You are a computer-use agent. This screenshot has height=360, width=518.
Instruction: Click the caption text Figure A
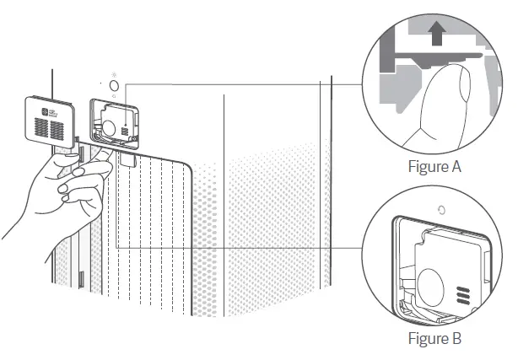pyautogui.click(x=433, y=167)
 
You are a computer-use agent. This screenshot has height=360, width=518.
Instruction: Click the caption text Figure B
pyautogui.click(x=433, y=340)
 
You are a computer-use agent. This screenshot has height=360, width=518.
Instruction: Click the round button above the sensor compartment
pyautogui.click(x=116, y=85)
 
